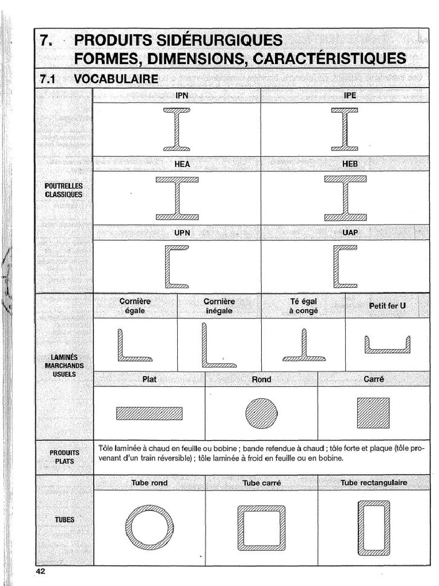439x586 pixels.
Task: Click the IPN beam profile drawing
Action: point(176,129)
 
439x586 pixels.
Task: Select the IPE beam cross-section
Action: point(345,129)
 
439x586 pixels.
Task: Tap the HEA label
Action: point(182,164)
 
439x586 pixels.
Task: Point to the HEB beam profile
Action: point(345,199)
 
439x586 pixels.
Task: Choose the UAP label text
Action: point(350,233)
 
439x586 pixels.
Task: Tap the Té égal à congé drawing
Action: point(304,347)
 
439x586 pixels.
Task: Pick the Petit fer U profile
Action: point(388,346)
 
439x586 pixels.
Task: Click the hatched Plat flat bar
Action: point(149,413)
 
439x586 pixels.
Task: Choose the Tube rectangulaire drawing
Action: point(373,528)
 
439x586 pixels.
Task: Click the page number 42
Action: point(40,571)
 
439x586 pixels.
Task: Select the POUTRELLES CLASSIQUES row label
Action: point(63,190)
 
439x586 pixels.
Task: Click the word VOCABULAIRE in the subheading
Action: point(116,79)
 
